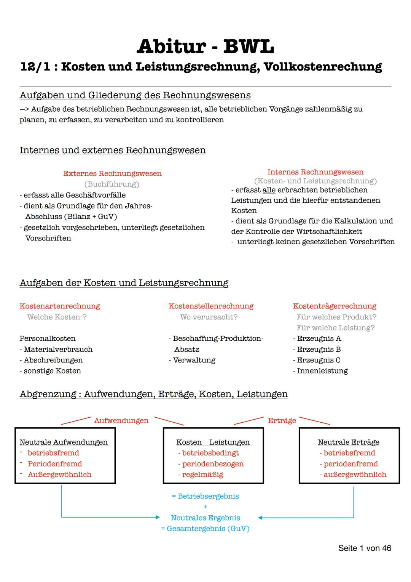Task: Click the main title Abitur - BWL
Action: tap(205, 46)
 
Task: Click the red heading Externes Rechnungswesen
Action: tap(112, 173)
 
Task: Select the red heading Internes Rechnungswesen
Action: tap(315, 172)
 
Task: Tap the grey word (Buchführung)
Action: tap(112, 184)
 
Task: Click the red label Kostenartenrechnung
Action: tap(60, 306)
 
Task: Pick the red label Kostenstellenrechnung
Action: tap(211, 306)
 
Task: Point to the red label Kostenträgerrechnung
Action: tap(334, 306)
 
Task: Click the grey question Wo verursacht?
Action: tap(209, 317)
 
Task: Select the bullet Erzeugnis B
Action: tap(319, 349)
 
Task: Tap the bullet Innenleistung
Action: tap(322, 370)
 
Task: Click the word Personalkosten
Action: tap(48, 338)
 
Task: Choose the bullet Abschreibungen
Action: tap(53, 360)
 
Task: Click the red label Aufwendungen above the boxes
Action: tap(121, 420)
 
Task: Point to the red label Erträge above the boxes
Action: tap(282, 420)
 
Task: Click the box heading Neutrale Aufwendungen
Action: tap(64, 442)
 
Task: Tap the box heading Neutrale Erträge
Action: tap(348, 442)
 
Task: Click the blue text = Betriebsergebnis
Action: tap(205, 496)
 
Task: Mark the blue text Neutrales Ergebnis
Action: tap(205, 518)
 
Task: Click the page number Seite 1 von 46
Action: tap(364, 548)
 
